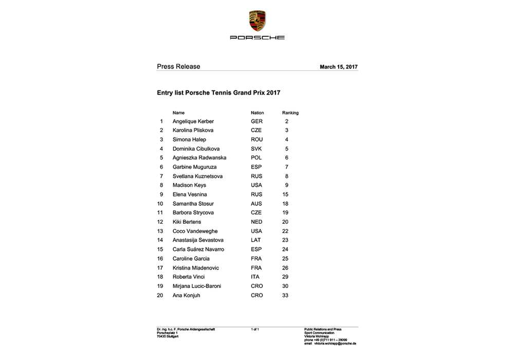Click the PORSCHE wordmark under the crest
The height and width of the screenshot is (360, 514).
(257, 38)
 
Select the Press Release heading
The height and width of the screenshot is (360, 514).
(178, 66)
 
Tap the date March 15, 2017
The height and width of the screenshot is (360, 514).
(338, 67)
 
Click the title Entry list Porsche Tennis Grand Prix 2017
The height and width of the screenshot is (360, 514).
(218, 93)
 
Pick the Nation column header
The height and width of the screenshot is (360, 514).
(257, 113)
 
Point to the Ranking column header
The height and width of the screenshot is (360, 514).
(290, 113)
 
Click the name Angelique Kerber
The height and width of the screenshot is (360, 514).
(193, 121)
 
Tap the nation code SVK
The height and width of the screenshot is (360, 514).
(256, 149)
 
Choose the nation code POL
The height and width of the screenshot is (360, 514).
(256, 158)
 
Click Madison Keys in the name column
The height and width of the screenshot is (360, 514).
(189, 185)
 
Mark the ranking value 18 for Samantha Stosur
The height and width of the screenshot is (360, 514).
(285, 204)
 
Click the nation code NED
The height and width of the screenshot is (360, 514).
(256, 222)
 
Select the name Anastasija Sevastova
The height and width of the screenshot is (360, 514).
(198, 240)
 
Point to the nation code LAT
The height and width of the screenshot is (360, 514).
(255, 240)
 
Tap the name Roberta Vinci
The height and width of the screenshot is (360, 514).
(189, 277)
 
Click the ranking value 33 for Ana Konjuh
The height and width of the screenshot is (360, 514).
(285, 295)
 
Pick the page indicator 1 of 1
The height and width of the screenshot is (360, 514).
(254, 329)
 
